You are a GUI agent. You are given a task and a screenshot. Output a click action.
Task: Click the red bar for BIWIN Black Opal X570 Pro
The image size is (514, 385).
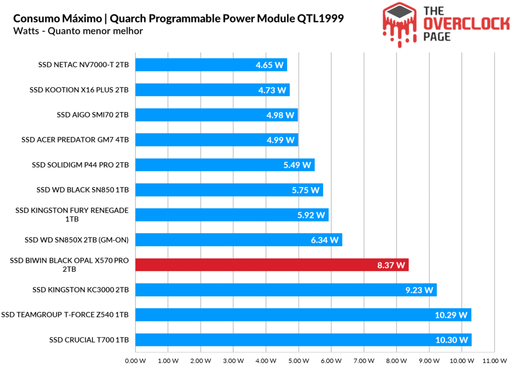[271, 265]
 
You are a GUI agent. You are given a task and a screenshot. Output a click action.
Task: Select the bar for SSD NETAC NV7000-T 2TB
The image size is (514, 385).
[211, 65]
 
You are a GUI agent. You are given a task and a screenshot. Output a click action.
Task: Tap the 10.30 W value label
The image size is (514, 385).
[452, 340]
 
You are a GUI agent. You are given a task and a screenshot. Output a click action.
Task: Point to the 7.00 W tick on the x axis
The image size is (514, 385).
[363, 360]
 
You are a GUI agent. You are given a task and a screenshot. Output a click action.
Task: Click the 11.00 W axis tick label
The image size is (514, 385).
[494, 360]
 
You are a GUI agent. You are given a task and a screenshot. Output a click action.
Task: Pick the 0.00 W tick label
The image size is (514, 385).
[136, 360]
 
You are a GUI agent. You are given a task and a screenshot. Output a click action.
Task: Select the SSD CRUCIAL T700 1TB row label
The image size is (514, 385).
[89, 340]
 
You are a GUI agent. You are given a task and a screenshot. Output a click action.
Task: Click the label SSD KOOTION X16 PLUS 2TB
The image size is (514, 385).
[79, 90]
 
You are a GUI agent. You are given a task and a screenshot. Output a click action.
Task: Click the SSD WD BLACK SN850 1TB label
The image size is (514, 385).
[82, 190]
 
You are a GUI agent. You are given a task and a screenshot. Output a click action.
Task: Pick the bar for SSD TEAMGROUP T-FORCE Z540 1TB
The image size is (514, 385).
[303, 315]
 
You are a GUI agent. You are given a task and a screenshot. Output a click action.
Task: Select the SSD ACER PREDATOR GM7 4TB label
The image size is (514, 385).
[75, 140]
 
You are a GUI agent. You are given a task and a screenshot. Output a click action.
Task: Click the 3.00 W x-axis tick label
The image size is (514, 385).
[233, 360]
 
